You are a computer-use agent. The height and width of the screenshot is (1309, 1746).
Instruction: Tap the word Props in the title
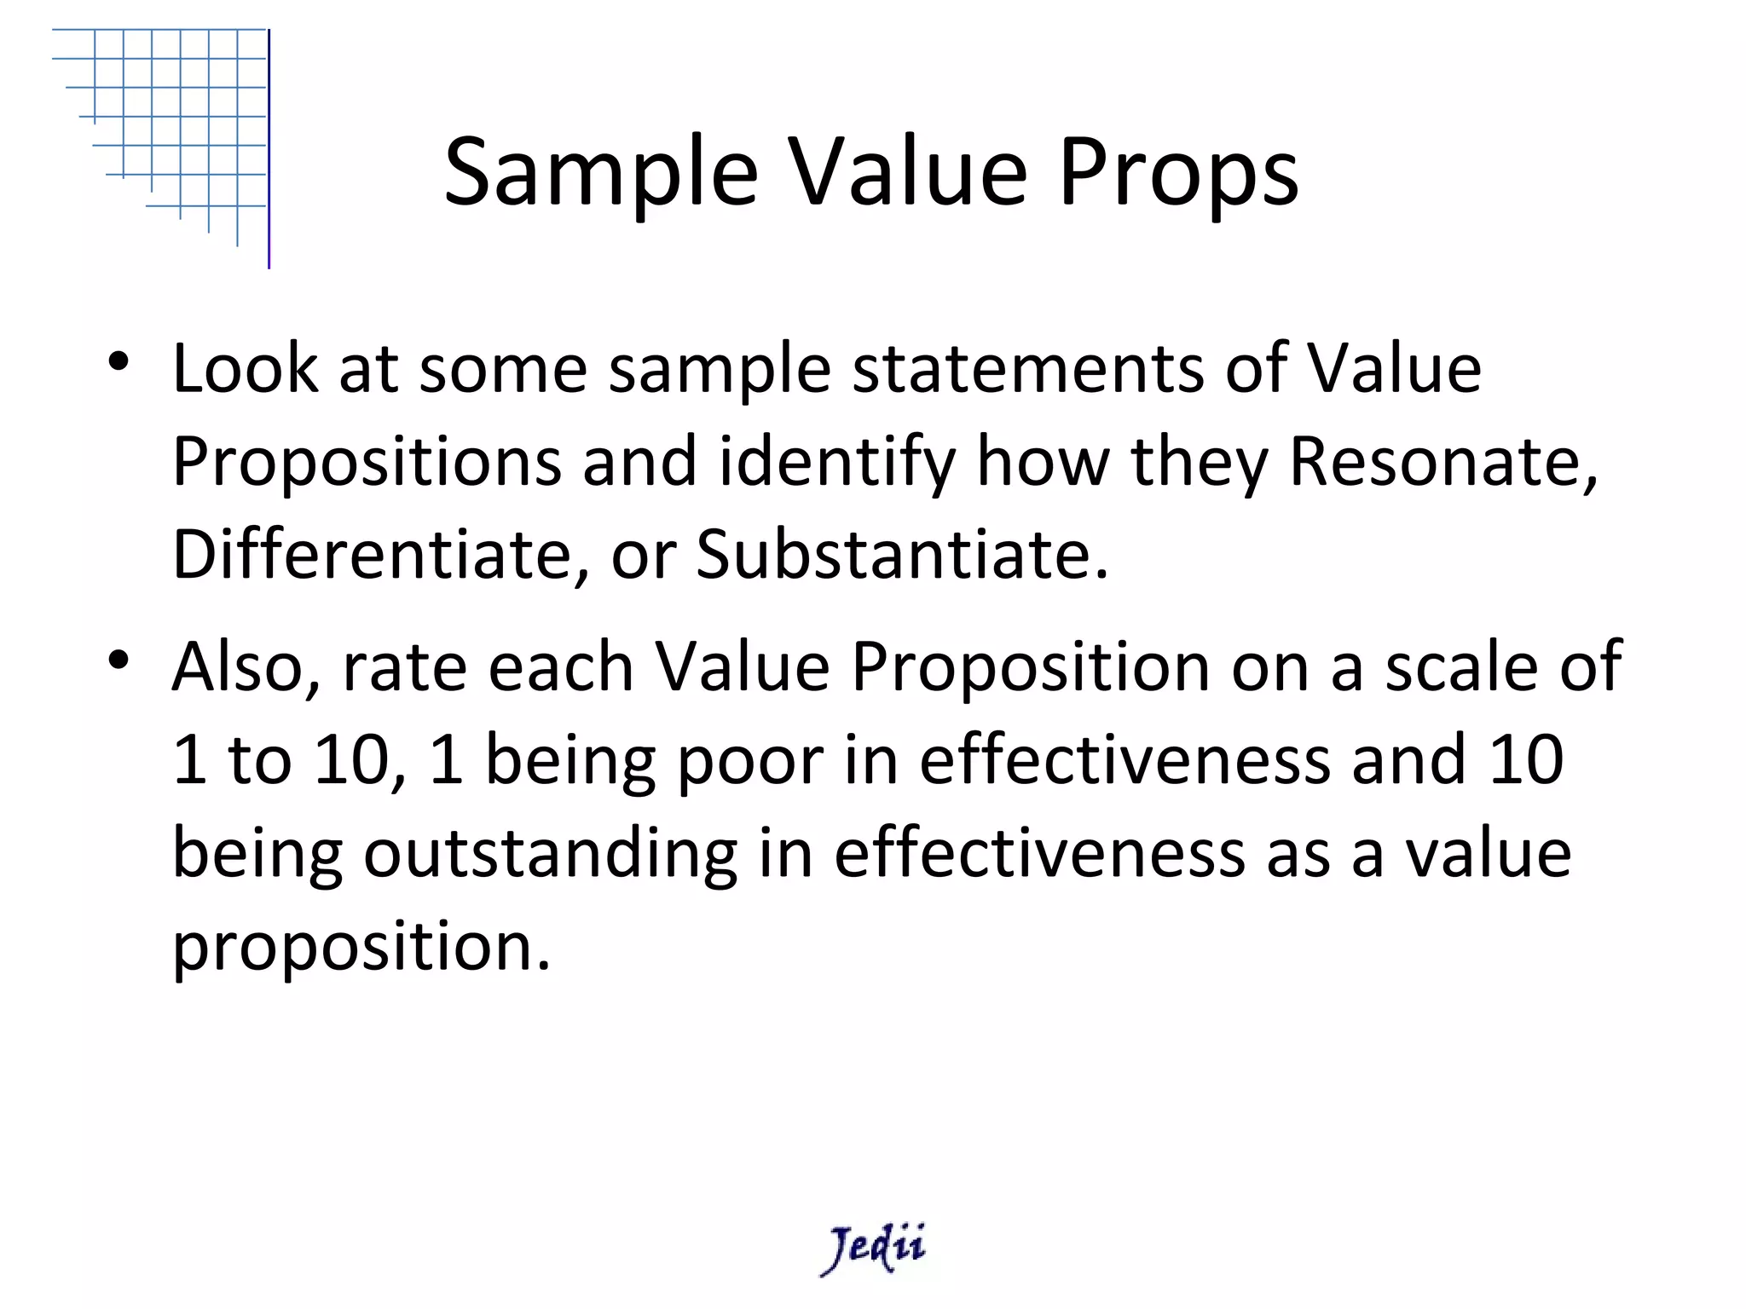click(1178, 174)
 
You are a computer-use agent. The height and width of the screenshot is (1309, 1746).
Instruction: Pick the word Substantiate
click(902, 555)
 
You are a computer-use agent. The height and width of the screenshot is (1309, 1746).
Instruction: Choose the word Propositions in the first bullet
click(367, 463)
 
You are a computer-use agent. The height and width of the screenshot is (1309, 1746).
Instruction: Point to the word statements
click(1028, 370)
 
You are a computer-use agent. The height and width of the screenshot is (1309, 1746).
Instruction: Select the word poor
click(750, 761)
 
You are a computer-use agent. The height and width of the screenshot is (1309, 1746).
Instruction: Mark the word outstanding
click(550, 855)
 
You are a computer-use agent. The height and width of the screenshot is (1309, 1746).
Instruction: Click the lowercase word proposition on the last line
click(361, 948)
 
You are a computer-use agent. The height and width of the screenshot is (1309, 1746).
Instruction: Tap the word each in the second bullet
click(560, 667)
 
